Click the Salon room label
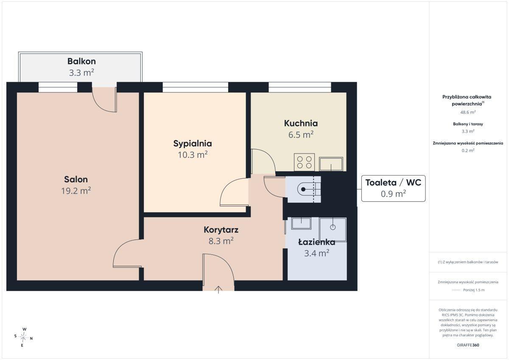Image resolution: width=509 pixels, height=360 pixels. click(x=76, y=179)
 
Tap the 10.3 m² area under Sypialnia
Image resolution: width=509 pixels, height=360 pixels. click(x=193, y=155)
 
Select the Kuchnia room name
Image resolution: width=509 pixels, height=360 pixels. click(x=301, y=123)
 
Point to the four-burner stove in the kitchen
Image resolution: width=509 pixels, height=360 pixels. click(x=304, y=162)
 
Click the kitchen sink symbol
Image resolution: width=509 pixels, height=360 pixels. click(x=331, y=164)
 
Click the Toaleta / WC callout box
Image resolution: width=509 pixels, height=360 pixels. click(x=393, y=188)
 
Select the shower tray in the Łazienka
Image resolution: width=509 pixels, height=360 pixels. click(x=333, y=230)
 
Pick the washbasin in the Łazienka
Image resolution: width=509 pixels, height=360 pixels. click(x=301, y=223)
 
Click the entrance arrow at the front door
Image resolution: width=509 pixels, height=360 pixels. click(x=218, y=290)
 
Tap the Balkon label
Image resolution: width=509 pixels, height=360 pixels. click(x=81, y=61)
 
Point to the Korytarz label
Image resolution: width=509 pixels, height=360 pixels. click(x=221, y=230)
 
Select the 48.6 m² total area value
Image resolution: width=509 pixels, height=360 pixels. click(x=468, y=112)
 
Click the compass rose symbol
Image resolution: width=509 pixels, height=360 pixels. click(x=23, y=337)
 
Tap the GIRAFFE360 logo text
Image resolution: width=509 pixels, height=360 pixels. click(x=468, y=345)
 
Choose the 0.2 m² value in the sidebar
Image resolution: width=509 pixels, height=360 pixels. click(x=468, y=151)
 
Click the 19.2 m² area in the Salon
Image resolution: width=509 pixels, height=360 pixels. click(x=76, y=191)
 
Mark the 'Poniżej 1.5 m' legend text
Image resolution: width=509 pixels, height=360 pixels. click(x=474, y=290)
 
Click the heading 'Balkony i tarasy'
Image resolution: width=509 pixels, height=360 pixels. click(x=468, y=124)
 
